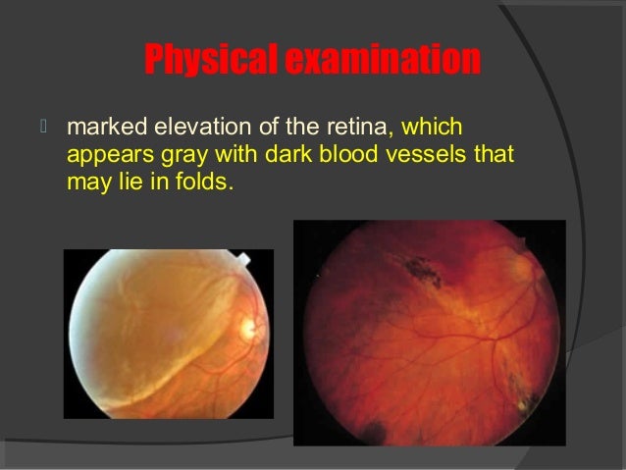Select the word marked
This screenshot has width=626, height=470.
point(100,128)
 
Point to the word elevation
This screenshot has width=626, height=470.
point(191,128)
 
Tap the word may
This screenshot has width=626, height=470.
point(86,183)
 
